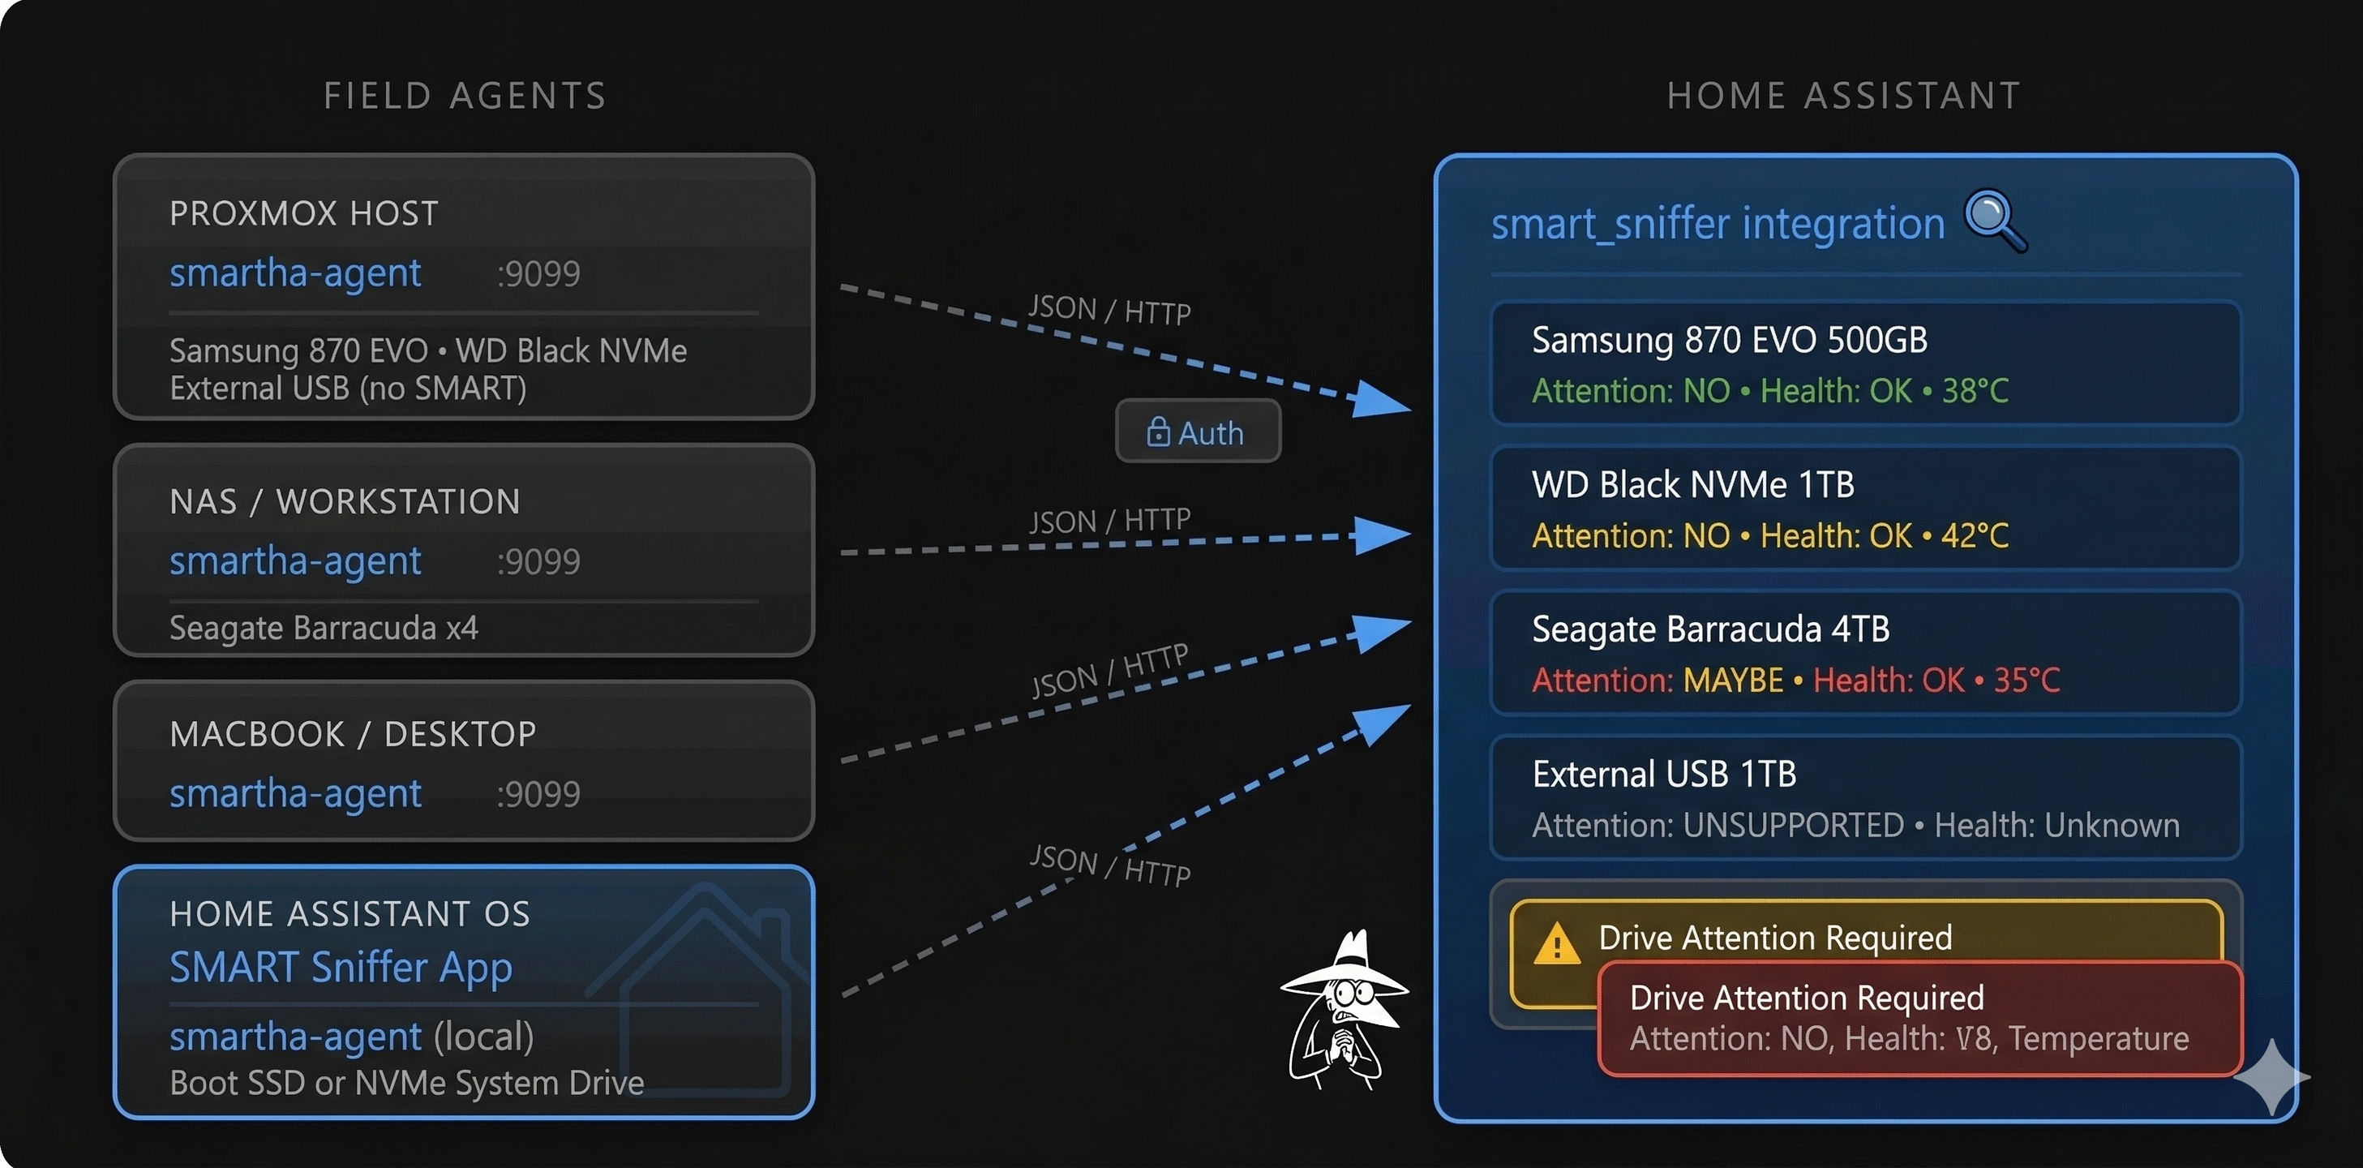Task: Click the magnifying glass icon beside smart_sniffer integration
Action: [x=1993, y=218]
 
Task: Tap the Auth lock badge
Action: [x=1197, y=432]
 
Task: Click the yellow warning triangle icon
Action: [x=1556, y=944]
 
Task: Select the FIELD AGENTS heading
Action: [x=465, y=96]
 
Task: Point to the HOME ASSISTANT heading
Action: [x=1843, y=96]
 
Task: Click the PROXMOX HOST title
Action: [x=303, y=214]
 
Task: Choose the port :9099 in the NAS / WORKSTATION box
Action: [x=538, y=561]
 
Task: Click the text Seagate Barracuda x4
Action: [x=323, y=628]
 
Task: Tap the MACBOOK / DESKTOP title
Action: [x=354, y=734]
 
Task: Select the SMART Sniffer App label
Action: [x=341, y=967]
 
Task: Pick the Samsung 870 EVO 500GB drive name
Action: [x=1729, y=341]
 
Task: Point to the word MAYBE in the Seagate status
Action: [x=1733, y=681]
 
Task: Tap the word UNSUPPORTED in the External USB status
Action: [x=1794, y=826]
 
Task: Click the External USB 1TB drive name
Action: [x=1663, y=775]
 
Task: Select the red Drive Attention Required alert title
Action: [x=1806, y=998]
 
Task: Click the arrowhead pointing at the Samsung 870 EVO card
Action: [x=1380, y=400]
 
